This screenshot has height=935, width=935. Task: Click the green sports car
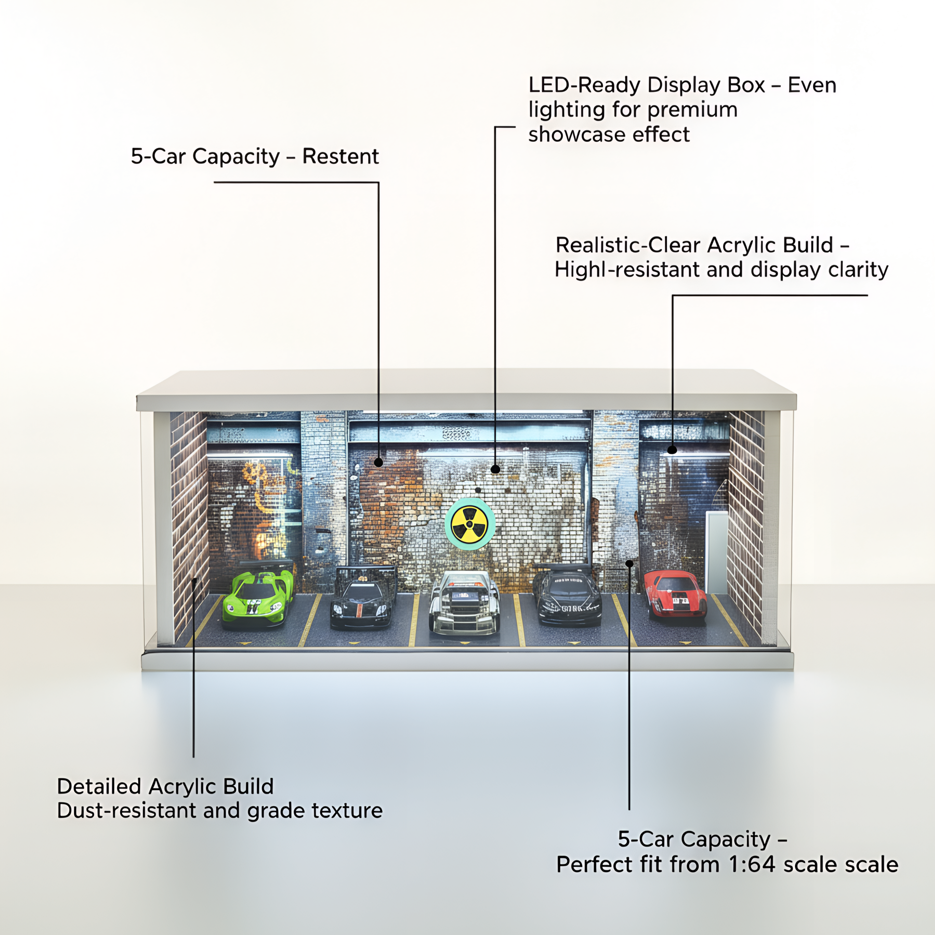[x=257, y=599]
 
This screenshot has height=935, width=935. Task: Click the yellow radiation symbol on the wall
[x=470, y=524]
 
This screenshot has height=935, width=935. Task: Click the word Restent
[x=340, y=156]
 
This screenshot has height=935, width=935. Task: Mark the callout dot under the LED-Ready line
[x=495, y=469]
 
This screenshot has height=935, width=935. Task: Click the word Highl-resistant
[x=627, y=270]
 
